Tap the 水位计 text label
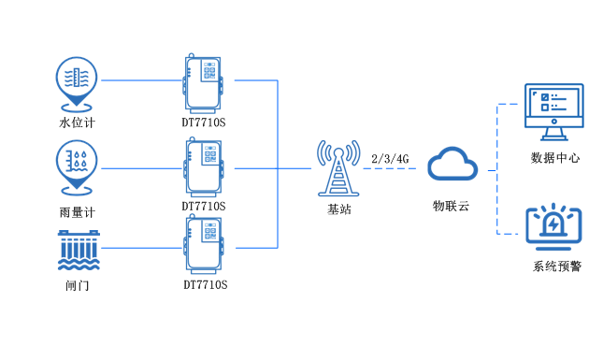(77, 122)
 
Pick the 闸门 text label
(77, 285)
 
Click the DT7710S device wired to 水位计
(204, 82)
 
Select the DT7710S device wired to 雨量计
(204, 167)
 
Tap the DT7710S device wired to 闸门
(204, 245)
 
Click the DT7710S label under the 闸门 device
(205, 283)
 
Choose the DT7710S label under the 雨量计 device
(204, 206)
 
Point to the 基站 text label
(338, 209)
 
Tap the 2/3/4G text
(390, 158)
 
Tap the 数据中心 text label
(554, 157)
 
